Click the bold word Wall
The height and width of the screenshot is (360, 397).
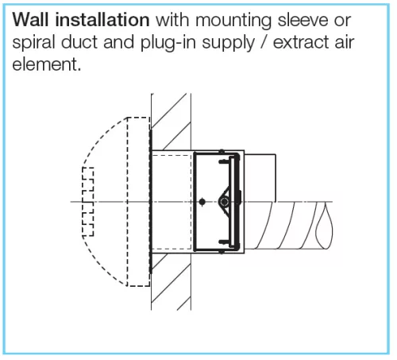coord(30,20)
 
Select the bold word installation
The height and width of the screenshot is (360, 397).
coord(102,20)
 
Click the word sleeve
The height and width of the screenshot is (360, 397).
coord(303,20)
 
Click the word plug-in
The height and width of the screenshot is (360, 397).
coord(168,43)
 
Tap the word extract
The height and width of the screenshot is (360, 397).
coord(301,42)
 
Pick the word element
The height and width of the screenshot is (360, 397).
coord(46,64)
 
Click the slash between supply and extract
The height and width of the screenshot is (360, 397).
coord(264,42)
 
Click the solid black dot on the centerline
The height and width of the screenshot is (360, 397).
coord(202,202)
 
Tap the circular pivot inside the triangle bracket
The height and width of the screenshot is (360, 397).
coord(224,202)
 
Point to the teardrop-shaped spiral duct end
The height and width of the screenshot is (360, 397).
coord(324,226)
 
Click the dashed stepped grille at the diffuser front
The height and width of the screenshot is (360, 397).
coord(88,202)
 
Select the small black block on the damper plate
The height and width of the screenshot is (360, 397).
coord(239,197)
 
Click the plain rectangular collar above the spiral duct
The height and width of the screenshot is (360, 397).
coord(260,178)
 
